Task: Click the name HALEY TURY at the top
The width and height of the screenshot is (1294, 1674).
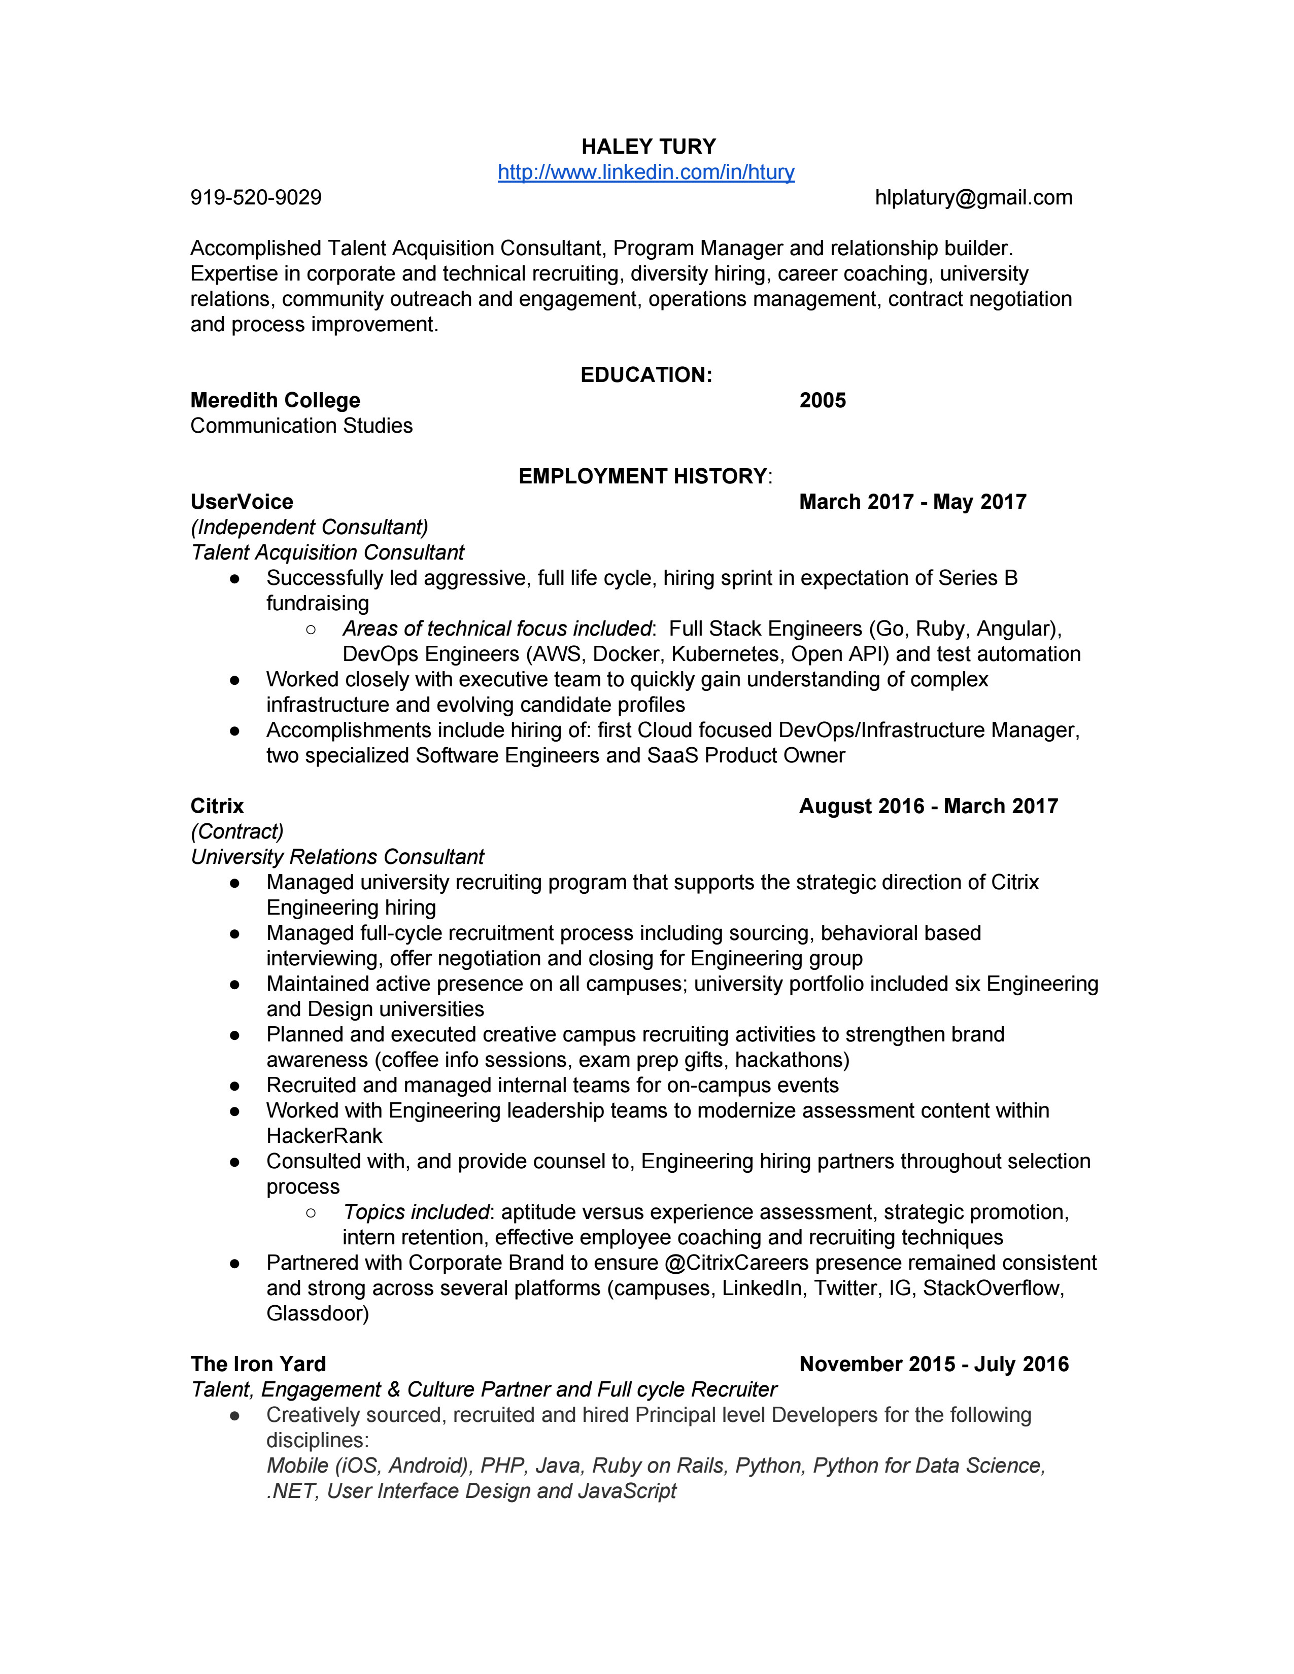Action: point(648,147)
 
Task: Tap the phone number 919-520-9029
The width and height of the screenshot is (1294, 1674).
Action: point(256,198)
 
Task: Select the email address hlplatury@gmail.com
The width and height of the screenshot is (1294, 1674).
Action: point(974,198)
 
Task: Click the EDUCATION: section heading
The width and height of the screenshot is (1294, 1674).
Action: point(646,375)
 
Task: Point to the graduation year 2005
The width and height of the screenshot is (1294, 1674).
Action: point(823,400)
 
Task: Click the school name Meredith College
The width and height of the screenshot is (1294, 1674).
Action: point(275,400)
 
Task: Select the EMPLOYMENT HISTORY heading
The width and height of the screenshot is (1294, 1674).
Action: point(643,476)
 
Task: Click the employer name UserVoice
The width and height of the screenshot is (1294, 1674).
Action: point(242,502)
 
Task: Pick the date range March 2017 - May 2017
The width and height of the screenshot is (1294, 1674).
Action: point(912,502)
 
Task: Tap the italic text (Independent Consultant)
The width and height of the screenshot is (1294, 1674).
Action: point(310,528)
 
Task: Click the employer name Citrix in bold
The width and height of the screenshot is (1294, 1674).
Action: point(217,807)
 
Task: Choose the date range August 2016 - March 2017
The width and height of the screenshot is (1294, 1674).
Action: point(928,807)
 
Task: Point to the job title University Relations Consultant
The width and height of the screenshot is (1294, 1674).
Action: point(337,857)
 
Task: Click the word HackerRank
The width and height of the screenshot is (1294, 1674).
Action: point(324,1136)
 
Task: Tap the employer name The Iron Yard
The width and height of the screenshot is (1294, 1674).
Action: point(258,1365)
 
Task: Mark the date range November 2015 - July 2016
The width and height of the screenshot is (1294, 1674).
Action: point(934,1365)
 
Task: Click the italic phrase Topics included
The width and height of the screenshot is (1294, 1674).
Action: point(416,1212)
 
